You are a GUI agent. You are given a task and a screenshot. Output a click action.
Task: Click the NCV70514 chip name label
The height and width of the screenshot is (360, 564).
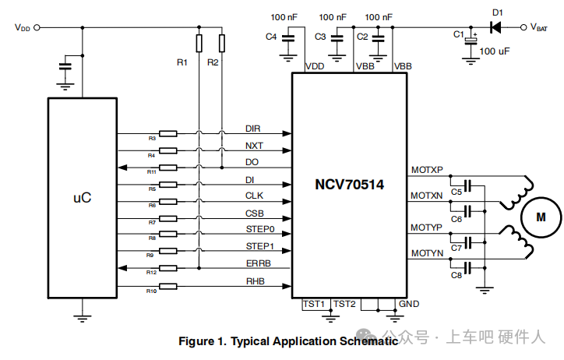350,185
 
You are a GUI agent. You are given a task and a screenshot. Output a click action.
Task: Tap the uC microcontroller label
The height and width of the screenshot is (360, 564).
82,198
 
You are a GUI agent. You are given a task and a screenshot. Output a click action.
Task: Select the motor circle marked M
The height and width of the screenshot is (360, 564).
541,217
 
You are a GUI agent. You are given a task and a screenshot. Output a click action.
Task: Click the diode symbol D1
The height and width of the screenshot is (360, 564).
496,27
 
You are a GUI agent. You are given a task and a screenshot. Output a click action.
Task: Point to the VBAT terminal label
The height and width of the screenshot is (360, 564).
544,27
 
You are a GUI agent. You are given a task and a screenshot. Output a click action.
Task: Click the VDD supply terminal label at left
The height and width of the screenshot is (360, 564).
23,27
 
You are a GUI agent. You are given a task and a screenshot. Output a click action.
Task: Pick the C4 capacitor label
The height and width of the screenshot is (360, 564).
271,37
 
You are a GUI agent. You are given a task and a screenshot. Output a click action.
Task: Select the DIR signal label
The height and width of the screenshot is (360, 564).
253,129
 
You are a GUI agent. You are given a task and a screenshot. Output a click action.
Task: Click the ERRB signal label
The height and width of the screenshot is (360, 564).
258,263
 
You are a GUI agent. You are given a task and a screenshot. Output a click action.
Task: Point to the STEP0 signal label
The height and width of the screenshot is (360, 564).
260,230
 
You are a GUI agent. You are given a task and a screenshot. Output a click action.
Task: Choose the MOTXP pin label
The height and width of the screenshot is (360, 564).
426,170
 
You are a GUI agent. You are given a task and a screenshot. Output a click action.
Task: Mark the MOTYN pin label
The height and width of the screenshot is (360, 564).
426,253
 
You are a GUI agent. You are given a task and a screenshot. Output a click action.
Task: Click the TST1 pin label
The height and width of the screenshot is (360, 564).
315,303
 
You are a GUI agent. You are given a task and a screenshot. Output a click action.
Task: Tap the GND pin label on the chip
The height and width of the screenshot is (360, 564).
408,303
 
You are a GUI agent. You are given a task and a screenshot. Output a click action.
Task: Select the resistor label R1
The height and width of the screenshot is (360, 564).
182,62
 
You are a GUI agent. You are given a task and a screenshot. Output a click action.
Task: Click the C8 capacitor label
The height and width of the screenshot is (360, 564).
456,274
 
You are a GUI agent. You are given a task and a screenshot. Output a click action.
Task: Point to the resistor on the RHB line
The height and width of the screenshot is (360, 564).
167,286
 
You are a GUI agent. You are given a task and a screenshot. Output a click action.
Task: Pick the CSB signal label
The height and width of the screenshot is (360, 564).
255,213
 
